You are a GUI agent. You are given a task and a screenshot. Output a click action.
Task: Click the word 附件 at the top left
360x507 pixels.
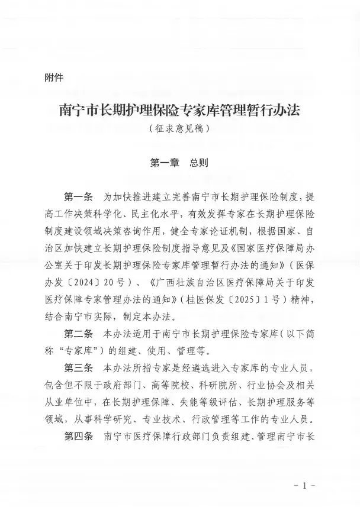(54, 77)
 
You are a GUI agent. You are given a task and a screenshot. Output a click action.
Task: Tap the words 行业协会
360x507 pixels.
(255, 386)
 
